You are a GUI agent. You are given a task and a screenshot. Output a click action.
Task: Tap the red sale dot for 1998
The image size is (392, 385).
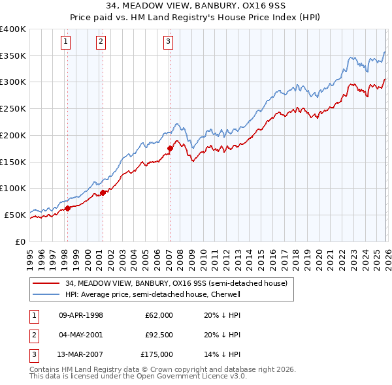pyautogui.click(x=67, y=209)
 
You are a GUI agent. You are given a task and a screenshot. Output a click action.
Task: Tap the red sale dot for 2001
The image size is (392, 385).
pyautogui.click(x=103, y=192)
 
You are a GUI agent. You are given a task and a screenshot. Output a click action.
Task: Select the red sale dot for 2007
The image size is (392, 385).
pyautogui.click(x=170, y=148)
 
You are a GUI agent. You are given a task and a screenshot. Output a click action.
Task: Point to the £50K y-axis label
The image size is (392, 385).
pyautogui.click(x=15, y=215)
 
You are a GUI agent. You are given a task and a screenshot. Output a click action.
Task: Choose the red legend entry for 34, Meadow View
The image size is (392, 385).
pyautogui.click(x=176, y=283)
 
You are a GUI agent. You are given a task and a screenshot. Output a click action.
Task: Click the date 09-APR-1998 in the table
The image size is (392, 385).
pyautogui.click(x=81, y=315)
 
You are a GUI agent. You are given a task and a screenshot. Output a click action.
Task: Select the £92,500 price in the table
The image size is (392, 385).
pyautogui.click(x=159, y=335)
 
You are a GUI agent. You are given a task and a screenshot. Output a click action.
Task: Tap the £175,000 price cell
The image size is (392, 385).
pyautogui.click(x=157, y=354)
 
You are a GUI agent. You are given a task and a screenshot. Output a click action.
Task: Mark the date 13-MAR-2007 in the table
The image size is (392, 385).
pyautogui.click(x=81, y=354)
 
